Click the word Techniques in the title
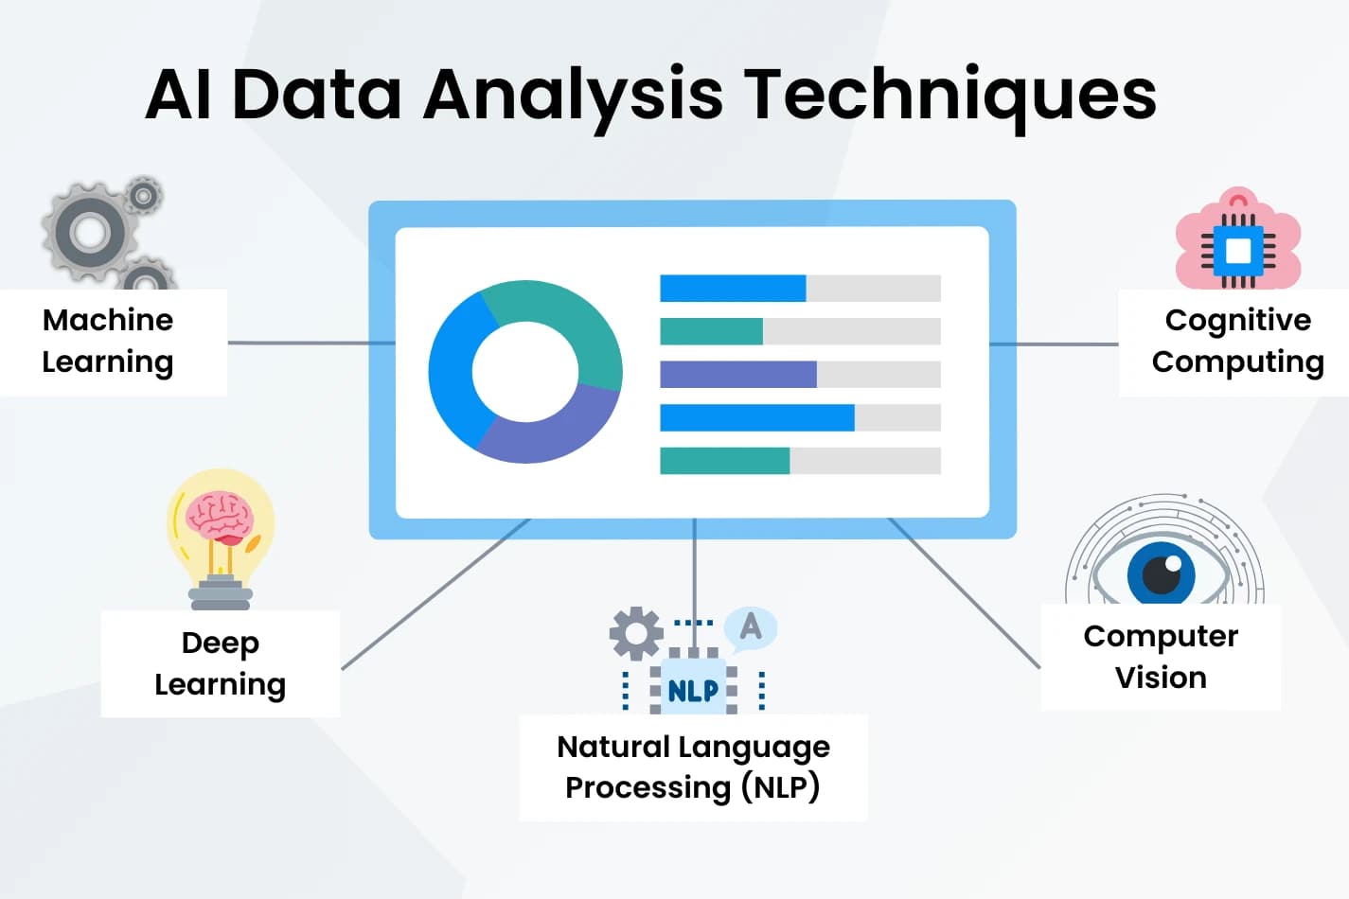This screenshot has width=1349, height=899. coord(950,95)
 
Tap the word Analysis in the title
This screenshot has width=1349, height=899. coord(573,95)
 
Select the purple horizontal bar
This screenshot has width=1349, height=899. coord(737,375)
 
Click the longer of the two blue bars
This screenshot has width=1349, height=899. coord(756,417)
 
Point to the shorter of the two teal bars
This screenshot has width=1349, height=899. coord(711,331)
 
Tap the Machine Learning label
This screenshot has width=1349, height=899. coord(108,341)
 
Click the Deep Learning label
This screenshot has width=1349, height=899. coord(220,663)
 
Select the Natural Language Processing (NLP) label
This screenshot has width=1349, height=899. coord(693,767)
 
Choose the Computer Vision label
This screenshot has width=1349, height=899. coord(1161,657)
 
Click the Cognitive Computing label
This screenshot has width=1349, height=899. coord(1237,341)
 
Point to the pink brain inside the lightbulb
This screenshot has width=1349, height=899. coord(220,517)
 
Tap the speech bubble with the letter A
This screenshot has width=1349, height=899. coord(750,626)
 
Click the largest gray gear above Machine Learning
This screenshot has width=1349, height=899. coord(89,231)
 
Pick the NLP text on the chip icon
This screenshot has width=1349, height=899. coord(693,691)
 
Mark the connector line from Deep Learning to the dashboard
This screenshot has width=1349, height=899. coord(435,594)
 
